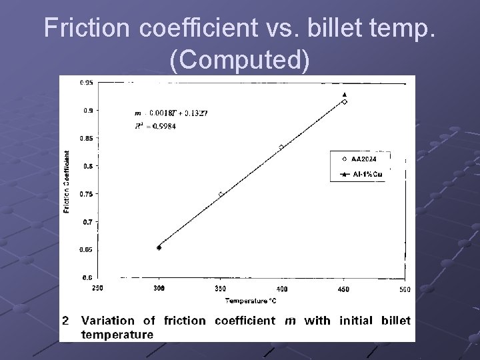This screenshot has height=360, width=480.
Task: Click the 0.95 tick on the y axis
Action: [x=87, y=83]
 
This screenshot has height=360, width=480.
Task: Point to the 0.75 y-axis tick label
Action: [x=87, y=194]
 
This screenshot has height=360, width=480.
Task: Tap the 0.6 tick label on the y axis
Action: [x=88, y=277]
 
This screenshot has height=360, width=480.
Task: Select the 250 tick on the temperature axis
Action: [x=98, y=289]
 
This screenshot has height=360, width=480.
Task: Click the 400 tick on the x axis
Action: [x=282, y=289]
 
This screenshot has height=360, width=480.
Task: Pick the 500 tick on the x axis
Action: [x=405, y=289]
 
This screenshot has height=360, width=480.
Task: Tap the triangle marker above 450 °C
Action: [x=344, y=95]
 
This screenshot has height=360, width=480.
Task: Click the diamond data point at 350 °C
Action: [x=221, y=194]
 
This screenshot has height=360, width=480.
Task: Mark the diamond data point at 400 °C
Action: [x=281, y=147]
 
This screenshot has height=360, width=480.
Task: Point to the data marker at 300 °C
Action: [x=159, y=248]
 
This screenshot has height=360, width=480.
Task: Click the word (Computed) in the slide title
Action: [x=240, y=60]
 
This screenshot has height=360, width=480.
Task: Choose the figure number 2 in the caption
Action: [x=65, y=321]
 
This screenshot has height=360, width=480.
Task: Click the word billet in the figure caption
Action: [x=396, y=321]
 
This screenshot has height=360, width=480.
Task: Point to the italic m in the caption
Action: [x=290, y=321]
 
